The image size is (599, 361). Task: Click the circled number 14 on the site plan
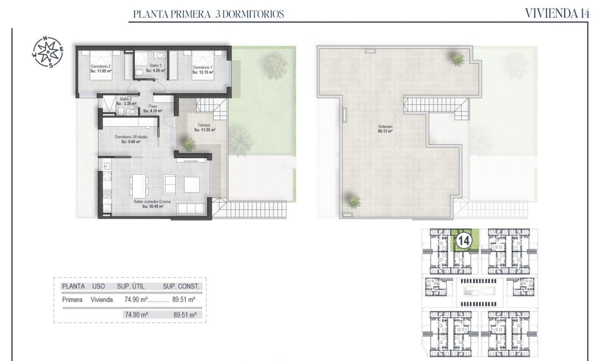[x=463, y=241]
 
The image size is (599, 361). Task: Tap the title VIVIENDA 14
[x=557, y=14]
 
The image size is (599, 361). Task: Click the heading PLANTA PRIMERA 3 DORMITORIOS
[x=208, y=14]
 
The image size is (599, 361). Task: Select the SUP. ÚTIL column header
[x=135, y=286]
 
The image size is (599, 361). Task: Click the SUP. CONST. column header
[x=181, y=286]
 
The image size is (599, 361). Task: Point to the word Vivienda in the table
[x=102, y=300]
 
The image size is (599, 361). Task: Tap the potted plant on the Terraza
[x=188, y=143]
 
